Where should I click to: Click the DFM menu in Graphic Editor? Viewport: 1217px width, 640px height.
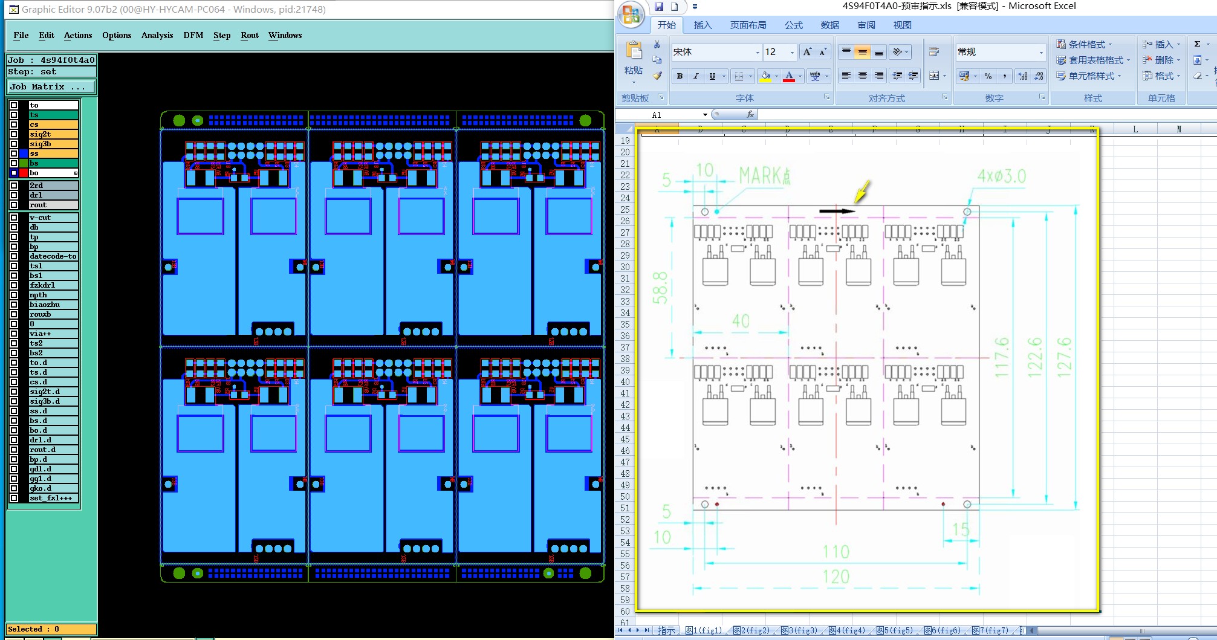[x=193, y=35]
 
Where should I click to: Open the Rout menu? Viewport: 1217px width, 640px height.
[x=249, y=35]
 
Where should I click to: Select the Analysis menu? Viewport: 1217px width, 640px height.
[x=157, y=35]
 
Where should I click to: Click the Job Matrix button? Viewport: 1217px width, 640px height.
[x=51, y=86]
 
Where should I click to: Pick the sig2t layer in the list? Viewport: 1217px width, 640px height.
[x=53, y=134]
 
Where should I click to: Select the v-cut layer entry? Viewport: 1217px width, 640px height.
[x=53, y=218]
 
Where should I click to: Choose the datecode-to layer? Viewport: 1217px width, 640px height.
[x=53, y=256]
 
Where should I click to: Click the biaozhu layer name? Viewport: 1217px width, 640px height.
[x=53, y=305]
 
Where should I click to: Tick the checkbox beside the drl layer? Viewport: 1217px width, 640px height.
[x=14, y=195]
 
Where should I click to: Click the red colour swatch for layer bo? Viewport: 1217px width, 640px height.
[x=24, y=173]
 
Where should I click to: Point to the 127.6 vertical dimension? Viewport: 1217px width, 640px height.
[x=1063, y=358]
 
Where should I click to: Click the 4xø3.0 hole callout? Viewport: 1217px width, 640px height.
[x=1002, y=176]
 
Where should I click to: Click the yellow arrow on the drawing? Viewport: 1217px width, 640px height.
[x=862, y=192]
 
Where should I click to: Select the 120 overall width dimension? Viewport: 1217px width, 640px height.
[x=836, y=577]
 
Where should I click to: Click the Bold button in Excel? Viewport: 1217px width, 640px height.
[x=680, y=76]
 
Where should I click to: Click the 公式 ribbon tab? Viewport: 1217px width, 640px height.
[x=793, y=25]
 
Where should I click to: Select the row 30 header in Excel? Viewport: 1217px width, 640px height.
[x=625, y=267]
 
